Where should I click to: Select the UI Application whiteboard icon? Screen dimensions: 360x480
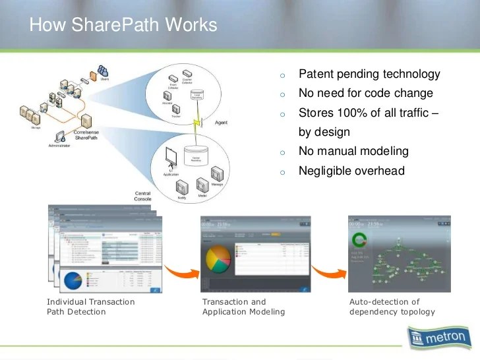pos(171,158)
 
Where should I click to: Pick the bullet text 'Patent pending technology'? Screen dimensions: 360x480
pos(369,75)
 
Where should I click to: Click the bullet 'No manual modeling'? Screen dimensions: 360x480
pos(353,152)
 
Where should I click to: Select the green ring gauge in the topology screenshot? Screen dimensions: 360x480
pos(359,239)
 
